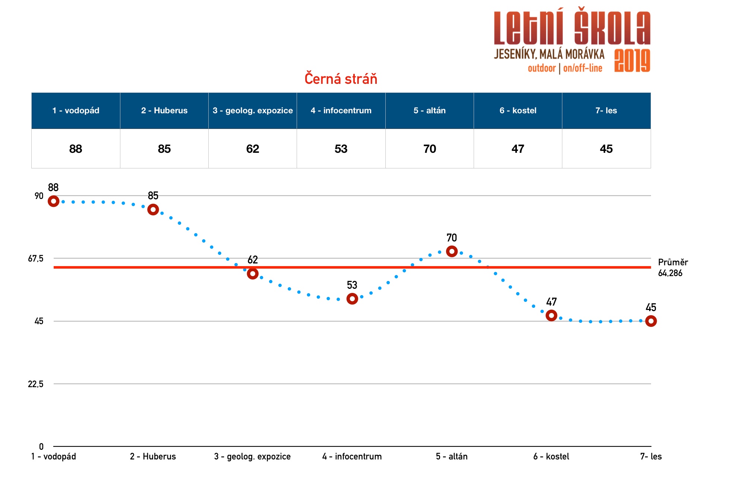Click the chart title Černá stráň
click(341, 79)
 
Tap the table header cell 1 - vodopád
click(76, 111)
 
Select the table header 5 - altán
click(429, 111)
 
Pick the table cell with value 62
click(252, 149)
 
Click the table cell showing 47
click(518, 149)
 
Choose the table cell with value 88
click(76, 149)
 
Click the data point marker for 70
click(452, 252)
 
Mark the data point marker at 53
click(352, 298)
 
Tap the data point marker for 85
click(153, 209)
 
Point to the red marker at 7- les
click(651, 321)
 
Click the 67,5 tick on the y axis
click(36, 259)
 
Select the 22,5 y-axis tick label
click(36, 384)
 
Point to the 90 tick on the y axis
click(39, 196)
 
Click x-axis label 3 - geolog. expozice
click(252, 456)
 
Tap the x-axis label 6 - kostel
click(551, 456)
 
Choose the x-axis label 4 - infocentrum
click(352, 456)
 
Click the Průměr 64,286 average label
click(672, 268)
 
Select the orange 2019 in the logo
click(632, 61)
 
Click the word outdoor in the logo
click(541, 68)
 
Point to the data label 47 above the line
click(551, 302)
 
